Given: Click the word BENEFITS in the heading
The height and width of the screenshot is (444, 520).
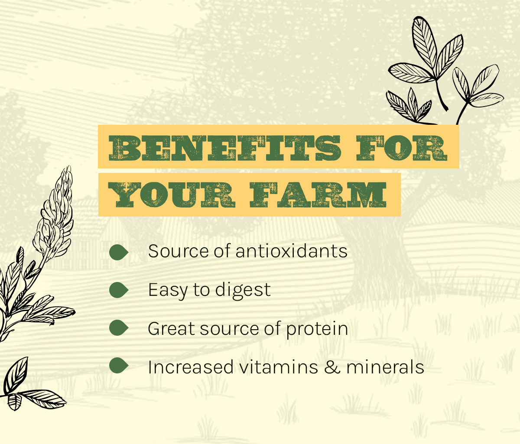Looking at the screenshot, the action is pyautogui.click(x=224, y=148).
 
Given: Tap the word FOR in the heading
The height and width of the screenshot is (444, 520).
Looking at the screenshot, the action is pyautogui.click(x=402, y=148).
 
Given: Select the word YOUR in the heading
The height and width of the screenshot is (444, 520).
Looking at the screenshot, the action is pyautogui.click(x=172, y=195).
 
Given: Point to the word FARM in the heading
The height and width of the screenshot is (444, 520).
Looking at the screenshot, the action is pyautogui.click(x=318, y=195).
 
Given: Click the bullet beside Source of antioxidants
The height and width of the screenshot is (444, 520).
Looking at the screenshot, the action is pyautogui.click(x=119, y=252).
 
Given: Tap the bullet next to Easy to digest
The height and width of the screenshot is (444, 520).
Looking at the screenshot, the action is pyautogui.click(x=119, y=290).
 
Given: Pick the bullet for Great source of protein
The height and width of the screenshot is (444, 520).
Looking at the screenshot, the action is pyautogui.click(x=119, y=328).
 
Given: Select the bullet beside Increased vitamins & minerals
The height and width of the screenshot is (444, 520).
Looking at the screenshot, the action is pyautogui.click(x=119, y=366).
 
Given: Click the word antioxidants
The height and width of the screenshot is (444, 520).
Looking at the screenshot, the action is pyautogui.click(x=291, y=251).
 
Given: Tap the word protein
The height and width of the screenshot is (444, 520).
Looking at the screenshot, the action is pyautogui.click(x=317, y=329).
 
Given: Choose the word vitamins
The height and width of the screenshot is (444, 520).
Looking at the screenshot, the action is pyautogui.click(x=279, y=367).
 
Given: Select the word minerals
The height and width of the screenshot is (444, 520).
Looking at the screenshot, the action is pyautogui.click(x=385, y=367).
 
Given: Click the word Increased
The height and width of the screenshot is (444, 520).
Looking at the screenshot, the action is pyautogui.click(x=191, y=367).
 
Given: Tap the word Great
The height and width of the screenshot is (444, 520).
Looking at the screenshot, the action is pyautogui.click(x=171, y=328).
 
